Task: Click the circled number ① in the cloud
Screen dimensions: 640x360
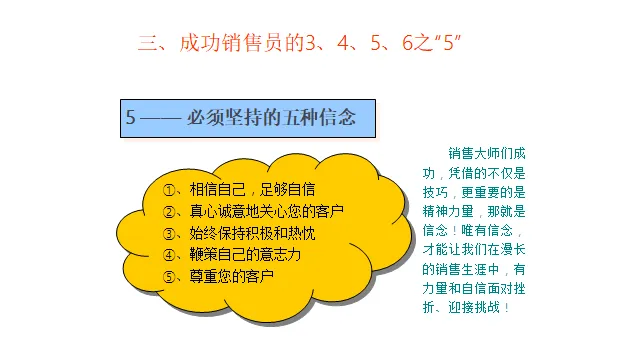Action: coord(169,190)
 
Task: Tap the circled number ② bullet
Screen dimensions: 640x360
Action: coord(169,212)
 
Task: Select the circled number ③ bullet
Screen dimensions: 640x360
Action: coord(169,234)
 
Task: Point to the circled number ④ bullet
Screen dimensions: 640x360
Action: coord(169,255)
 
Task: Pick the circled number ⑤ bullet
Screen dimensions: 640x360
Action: coord(169,277)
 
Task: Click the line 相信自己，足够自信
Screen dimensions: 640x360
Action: coord(252,190)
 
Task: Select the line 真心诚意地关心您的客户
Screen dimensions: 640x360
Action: coord(267,211)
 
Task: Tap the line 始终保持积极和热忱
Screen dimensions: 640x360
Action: coord(252,233)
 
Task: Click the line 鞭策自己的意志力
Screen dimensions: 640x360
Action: coord(245,255)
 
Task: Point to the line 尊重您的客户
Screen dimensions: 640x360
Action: coord(231,276)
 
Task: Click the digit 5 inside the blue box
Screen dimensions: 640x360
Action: coord(130,118)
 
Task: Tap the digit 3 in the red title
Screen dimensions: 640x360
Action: coord(311,43)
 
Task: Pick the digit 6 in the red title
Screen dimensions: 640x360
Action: coord(407,43)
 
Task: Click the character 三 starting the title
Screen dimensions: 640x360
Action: coord(148,43)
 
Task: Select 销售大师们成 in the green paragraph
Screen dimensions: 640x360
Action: coord(487,154)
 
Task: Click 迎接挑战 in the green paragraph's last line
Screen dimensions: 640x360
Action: coord(474,307)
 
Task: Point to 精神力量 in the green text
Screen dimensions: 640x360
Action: coord(448,211)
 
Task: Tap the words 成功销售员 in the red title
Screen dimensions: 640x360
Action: coord(230,43)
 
